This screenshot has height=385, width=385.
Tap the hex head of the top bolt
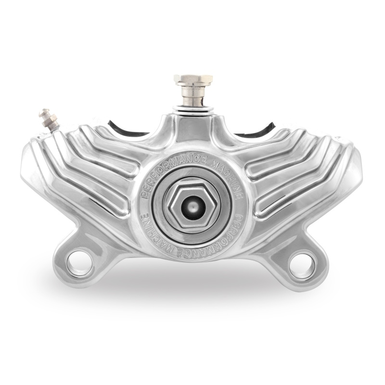click(193, 80)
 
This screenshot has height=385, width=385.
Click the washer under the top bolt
click(193, 107)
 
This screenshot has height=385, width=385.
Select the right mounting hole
click(303, 265)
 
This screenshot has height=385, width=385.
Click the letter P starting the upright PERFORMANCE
click(142, 196)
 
